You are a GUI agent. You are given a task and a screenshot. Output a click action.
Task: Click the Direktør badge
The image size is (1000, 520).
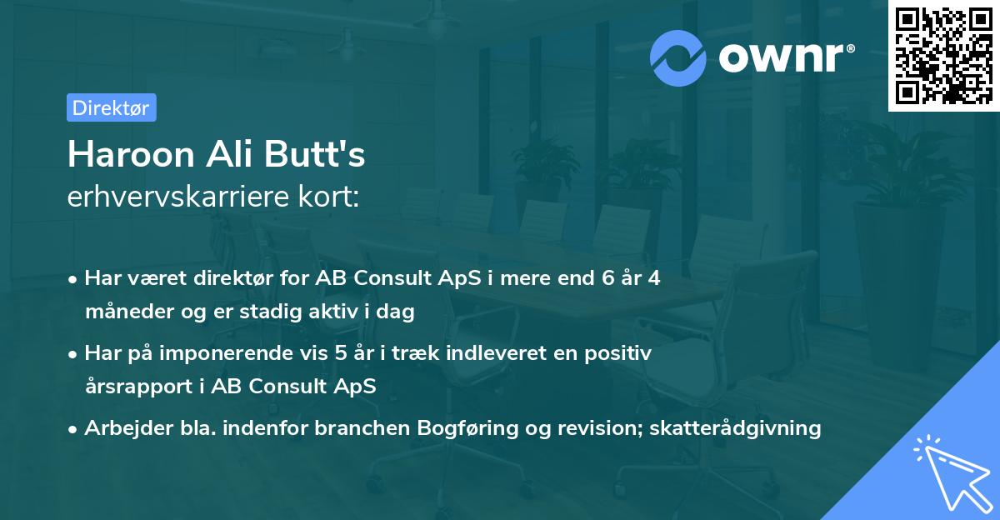tap(110, 107)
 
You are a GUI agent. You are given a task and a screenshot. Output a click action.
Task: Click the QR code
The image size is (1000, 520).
tap(942, 55)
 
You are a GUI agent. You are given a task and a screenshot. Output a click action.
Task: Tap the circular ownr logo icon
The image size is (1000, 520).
tap(678, 57)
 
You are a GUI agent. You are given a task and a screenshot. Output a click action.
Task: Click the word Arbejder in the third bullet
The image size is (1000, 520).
tap(122, 428)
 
